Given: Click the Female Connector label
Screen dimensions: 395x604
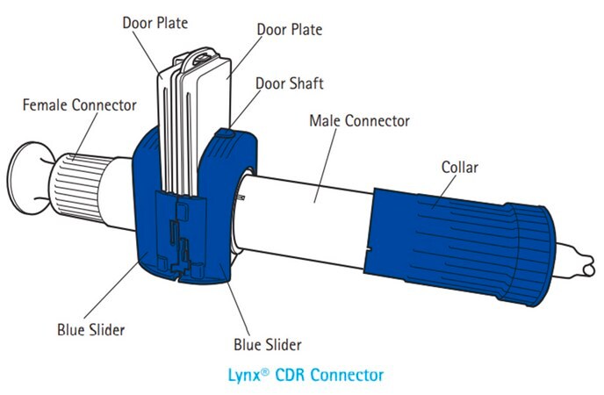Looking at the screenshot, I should tap(80, 105).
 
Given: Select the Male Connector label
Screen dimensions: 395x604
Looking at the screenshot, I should tap(359, 120).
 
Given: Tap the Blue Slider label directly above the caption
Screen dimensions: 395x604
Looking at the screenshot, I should tap(265, 343).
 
